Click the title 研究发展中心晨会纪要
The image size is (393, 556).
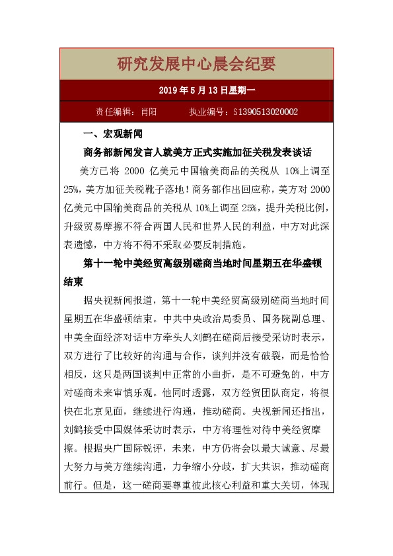point(196,64)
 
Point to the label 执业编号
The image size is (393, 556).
point(206,112)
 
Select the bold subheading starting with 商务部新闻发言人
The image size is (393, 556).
point(197,151)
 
